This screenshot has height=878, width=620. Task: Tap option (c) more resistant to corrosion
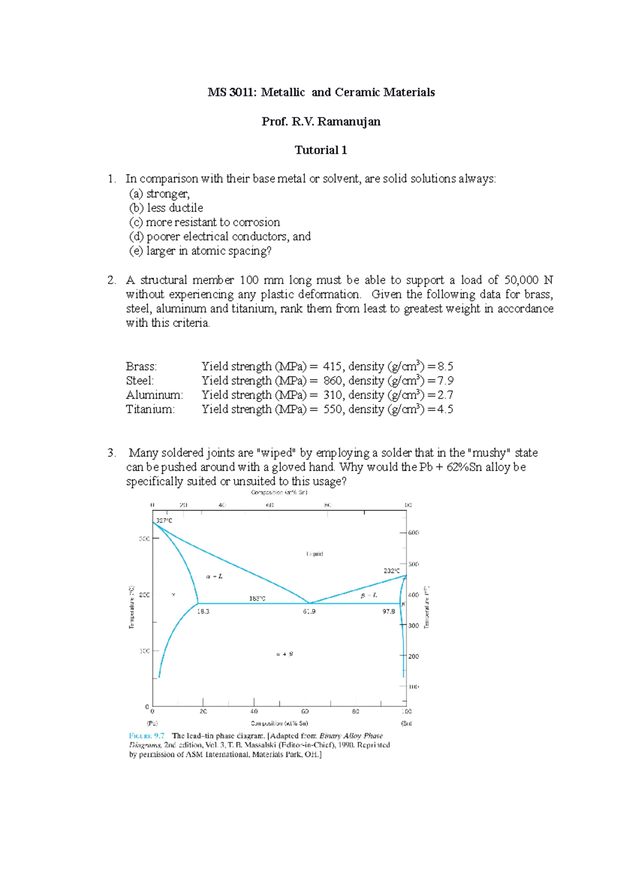point(205,222)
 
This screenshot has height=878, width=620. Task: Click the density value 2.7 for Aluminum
point(445,395)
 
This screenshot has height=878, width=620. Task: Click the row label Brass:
point(141,367)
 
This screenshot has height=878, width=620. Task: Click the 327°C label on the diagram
point(164,521)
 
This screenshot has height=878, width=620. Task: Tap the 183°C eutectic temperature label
point(257,599)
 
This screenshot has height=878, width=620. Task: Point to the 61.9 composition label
point(309,611)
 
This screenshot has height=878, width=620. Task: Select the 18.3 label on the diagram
point(203,611)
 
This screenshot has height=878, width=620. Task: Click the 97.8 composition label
point(389,611)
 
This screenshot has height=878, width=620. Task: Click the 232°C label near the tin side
point(391,571)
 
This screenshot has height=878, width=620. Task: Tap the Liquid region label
point(315,554)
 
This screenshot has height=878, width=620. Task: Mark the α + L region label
point(214,576)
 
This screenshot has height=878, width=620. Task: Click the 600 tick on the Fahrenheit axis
point(414,533)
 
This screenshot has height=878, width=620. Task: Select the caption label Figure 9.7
point(147,736)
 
